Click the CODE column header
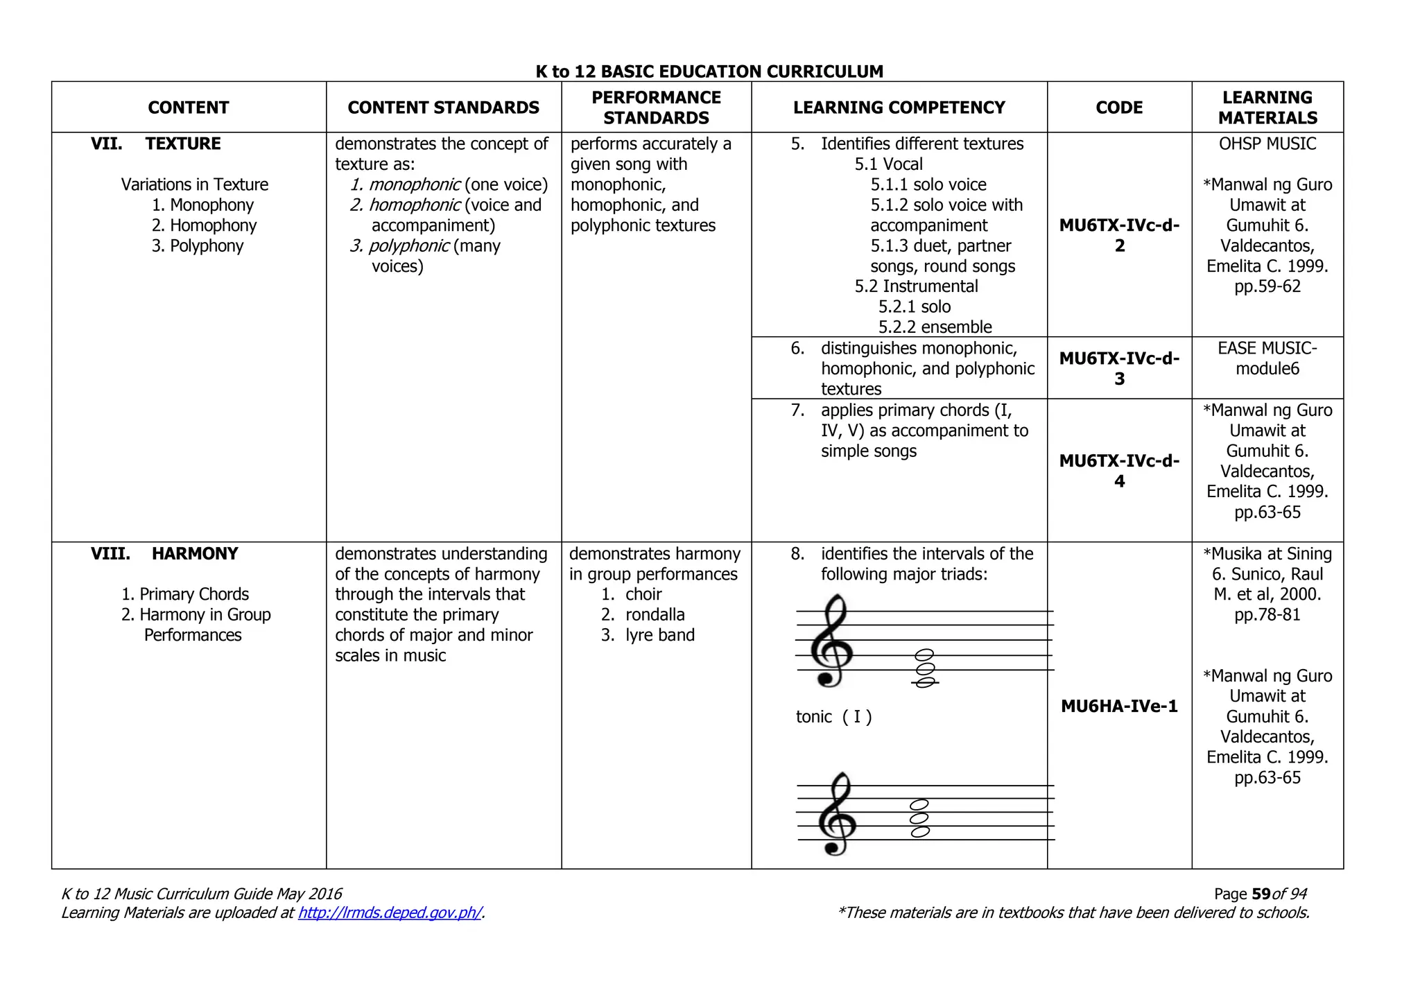(1118, 107)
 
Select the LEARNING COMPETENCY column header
(899, 107)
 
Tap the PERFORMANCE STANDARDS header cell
(656, 107)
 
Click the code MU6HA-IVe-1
(1119, 707)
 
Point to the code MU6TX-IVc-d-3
(1119, 368)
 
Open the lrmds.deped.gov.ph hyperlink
(390, 912)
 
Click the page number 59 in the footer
(1261, 894)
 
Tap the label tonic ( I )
(833, 717)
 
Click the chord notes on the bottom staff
(919, 818)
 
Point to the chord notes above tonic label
(924, 668)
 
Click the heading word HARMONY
(195, 553)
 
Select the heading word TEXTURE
(183, 144)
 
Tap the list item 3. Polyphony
(198, 246)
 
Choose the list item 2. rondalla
(643, 614)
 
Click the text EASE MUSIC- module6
(1267, 358)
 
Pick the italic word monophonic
(414, 184)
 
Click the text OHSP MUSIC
(1267, 144)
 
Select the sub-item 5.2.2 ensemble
(935, 327)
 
